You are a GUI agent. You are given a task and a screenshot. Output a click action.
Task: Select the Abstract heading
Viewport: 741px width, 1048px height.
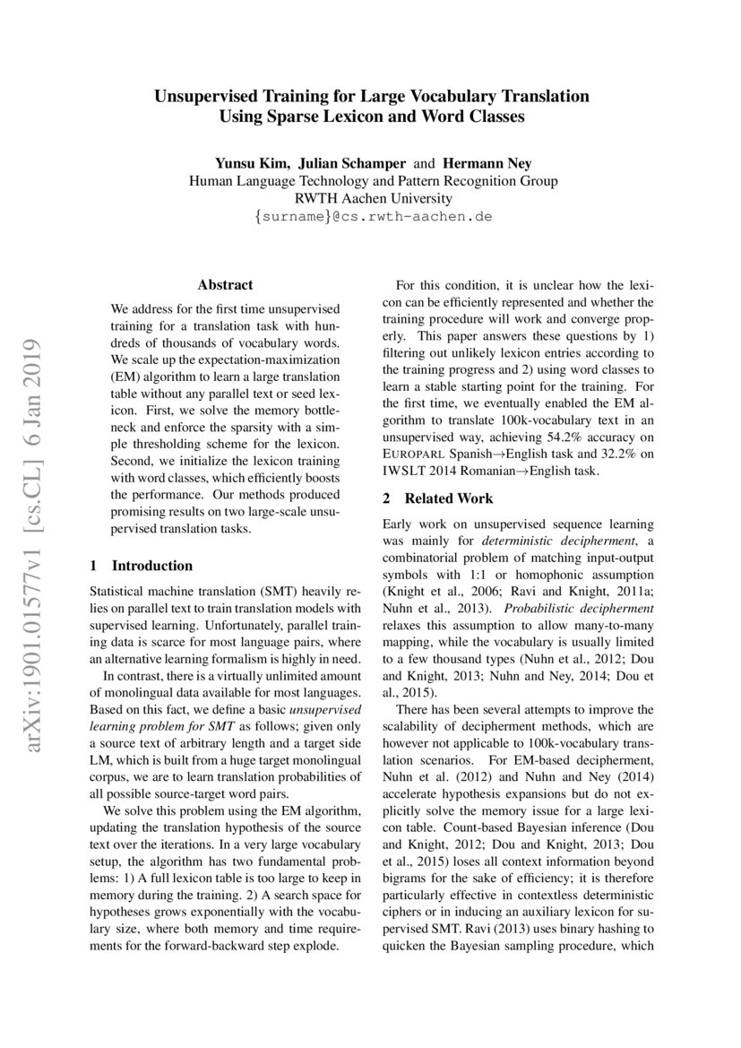point(225,285)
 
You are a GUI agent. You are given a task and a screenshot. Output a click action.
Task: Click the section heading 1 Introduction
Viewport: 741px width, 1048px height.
point(142,566)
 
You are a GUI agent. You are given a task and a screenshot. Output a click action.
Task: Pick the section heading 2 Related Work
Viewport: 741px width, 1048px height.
point(437,498)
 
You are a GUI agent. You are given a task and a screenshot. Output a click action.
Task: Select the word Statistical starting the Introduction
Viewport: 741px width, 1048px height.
point(121,593)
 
